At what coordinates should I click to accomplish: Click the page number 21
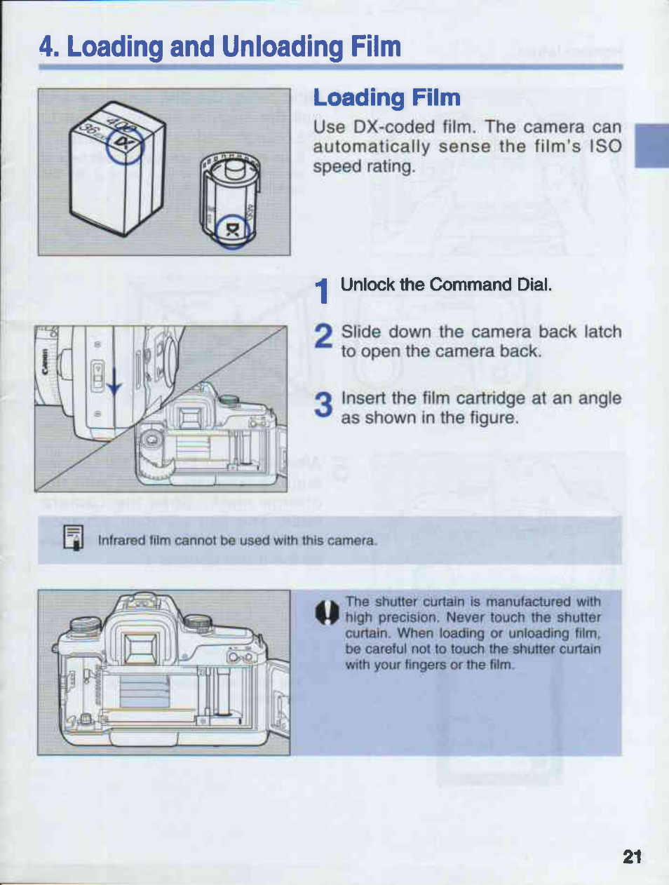coord(632,856)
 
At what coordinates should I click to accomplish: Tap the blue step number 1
coord(322,290)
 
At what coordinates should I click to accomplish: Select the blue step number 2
coord(323,335)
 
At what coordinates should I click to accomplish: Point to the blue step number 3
coord(323,405)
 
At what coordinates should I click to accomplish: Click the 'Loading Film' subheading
coord(387,98)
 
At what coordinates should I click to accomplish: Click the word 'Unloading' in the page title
coord(283,47)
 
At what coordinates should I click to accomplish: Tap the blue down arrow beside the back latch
coord(114,381)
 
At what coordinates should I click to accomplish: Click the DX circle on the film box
coord(125,146)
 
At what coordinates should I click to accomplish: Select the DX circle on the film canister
coord(232,231)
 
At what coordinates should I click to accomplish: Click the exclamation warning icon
coord(327,612)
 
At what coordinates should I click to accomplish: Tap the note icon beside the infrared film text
coord(74,537)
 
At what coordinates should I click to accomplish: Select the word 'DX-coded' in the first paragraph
coord(393,127)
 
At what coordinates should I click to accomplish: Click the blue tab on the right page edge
coord(651,146)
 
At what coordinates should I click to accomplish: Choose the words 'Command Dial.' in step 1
coord(490,285)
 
